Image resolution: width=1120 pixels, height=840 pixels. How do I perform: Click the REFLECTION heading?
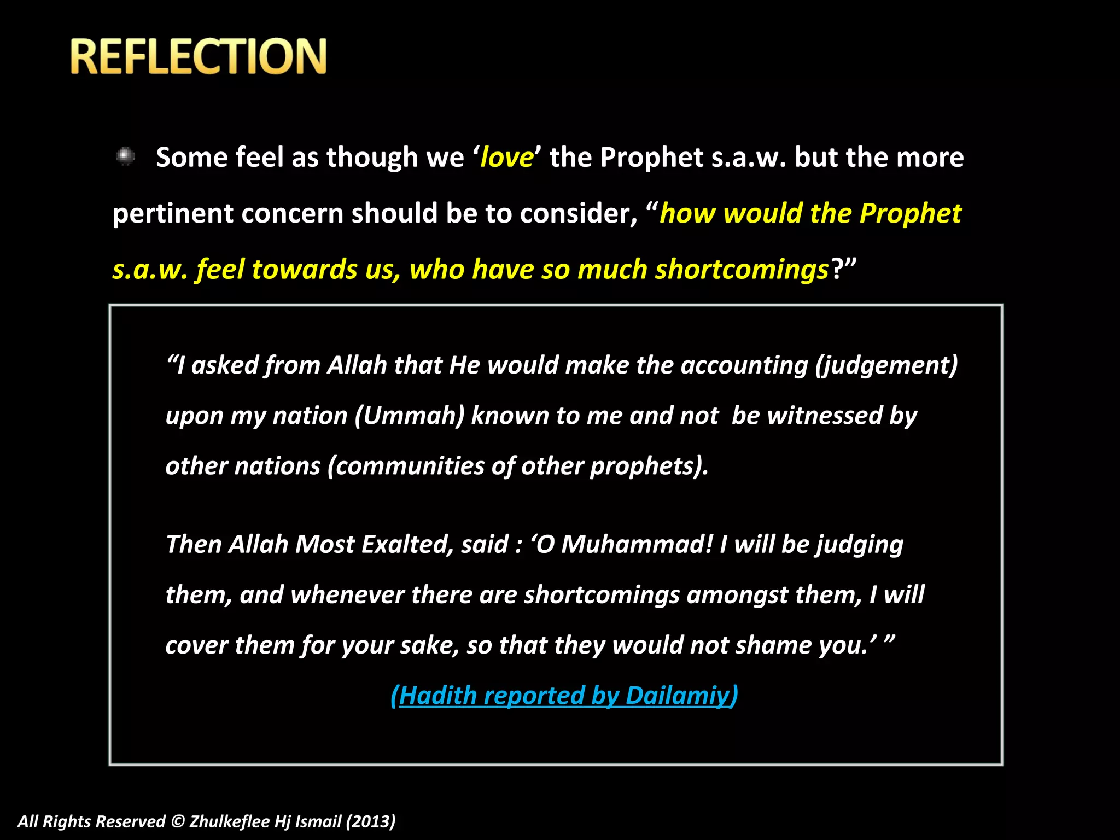tap(199, 56)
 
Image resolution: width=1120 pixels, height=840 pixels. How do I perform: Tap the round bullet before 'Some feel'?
tap(126, 156)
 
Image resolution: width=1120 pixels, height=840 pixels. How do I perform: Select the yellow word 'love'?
tap(506, 157)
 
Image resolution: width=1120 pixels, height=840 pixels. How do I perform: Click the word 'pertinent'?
tap(172, 214)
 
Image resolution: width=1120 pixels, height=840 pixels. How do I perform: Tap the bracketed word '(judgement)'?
tap(886, 365)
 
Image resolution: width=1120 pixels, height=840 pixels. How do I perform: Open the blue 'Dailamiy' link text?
tap(681, 696)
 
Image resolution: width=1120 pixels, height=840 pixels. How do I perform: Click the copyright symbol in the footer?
tap(178, 821)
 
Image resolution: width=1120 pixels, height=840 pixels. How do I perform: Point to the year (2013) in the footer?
tap(370, 821)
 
